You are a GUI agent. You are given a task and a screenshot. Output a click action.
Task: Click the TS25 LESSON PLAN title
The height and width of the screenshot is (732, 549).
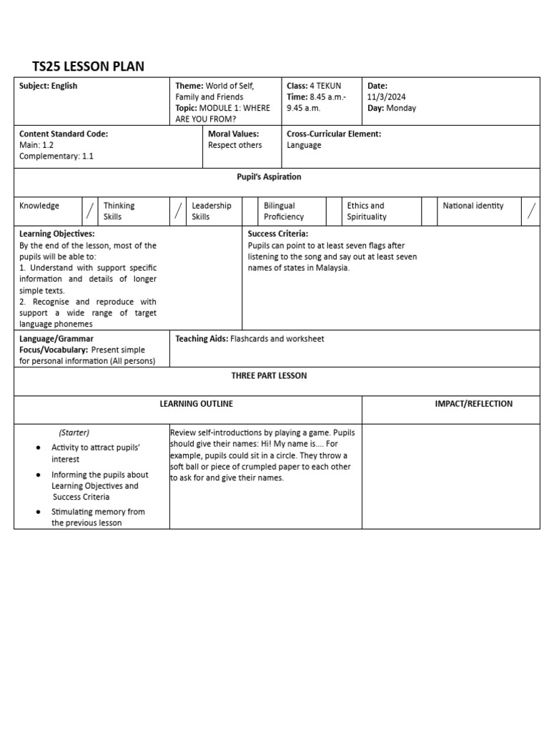tap(89, 66)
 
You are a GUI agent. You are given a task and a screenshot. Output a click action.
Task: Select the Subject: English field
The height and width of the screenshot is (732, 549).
tap(49, 86)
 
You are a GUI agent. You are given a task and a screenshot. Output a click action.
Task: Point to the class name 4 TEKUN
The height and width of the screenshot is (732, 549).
tap(326, 86)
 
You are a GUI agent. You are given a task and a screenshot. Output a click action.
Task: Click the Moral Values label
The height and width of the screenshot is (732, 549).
tap(233, 134)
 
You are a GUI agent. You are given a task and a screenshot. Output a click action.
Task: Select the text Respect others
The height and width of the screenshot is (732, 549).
tap(234, 145)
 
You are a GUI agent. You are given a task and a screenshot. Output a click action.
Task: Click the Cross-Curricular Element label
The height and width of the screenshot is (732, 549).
tap(334, 134)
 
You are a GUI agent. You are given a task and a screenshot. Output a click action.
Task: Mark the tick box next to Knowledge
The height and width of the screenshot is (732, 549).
tap(90, 211)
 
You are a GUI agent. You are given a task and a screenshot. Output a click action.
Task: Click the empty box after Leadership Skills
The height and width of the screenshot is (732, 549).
tap(249, 211)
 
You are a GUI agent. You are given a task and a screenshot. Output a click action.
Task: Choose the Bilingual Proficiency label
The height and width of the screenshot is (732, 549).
tap(284, 211)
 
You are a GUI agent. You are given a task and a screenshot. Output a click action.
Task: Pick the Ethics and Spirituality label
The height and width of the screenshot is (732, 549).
tap(367, 211)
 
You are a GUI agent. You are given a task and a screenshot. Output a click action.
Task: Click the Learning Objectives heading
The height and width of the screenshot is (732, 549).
tap(57, 234)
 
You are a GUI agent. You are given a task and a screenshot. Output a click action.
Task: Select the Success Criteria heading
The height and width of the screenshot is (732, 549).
tap(278, 234)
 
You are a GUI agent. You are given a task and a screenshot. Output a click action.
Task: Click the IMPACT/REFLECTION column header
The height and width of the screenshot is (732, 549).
tap(473, 404)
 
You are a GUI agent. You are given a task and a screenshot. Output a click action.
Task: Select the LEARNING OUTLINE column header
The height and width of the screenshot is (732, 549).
tap(196, 404)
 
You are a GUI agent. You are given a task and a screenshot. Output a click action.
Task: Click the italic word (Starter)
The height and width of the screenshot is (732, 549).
tap(74, 432)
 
